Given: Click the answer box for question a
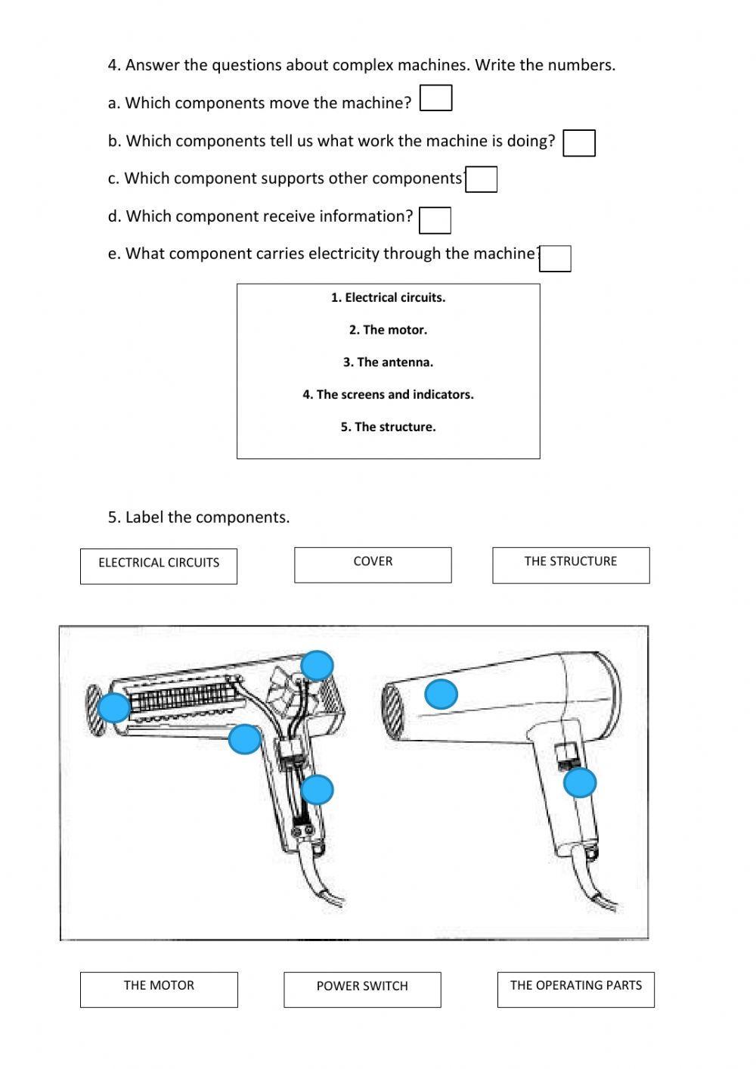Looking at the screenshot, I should coord(435,98).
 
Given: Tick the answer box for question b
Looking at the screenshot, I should coord(579,143).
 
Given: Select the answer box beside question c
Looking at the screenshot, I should coord(481,180).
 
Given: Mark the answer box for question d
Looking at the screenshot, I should coord(435,220).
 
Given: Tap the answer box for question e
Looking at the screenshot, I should coord(555,259).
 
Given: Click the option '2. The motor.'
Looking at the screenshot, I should coord(388,330).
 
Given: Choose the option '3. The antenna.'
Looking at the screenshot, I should coord(388,362).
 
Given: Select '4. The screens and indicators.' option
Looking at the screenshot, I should coord(388,395).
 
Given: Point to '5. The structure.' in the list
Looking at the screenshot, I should coord(388,427).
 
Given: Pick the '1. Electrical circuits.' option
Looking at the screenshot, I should coord(388,298).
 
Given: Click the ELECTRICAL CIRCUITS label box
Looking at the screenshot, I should coord(159,566).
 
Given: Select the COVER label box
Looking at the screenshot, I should coord(373,565).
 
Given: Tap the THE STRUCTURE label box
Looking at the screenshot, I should coord(571,565).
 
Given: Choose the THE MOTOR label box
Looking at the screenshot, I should coord(159,990).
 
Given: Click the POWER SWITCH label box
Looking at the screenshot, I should coord(362,990).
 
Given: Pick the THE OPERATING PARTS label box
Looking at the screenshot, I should coord(575,990).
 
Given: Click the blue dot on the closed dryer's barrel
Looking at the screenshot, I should coord(442,694).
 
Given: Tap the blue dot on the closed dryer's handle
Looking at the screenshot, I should coord(580,783).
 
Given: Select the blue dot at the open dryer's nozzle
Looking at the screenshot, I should coord(114,708).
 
